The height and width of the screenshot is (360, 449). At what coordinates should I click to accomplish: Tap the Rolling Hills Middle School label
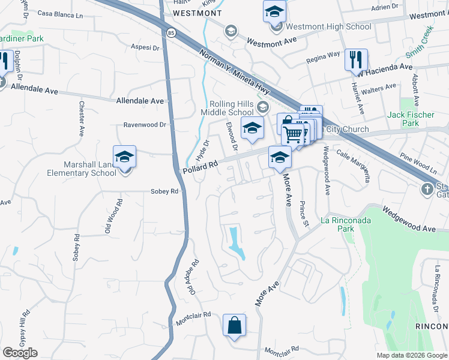coord(232,108)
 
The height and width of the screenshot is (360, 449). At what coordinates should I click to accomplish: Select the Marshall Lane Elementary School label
coord(90,169)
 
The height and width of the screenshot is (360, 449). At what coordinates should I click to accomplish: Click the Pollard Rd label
coord(198,170)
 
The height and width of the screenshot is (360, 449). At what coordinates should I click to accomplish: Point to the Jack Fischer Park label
coord(403,119)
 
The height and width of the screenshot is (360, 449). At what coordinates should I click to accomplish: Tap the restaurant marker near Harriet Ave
coord(356,59)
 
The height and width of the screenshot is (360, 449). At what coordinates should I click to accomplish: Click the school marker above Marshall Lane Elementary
coord(125,157)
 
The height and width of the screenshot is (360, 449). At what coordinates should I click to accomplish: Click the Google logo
coord(20,353)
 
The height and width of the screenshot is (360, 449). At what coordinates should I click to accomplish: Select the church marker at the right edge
coord(427,190)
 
